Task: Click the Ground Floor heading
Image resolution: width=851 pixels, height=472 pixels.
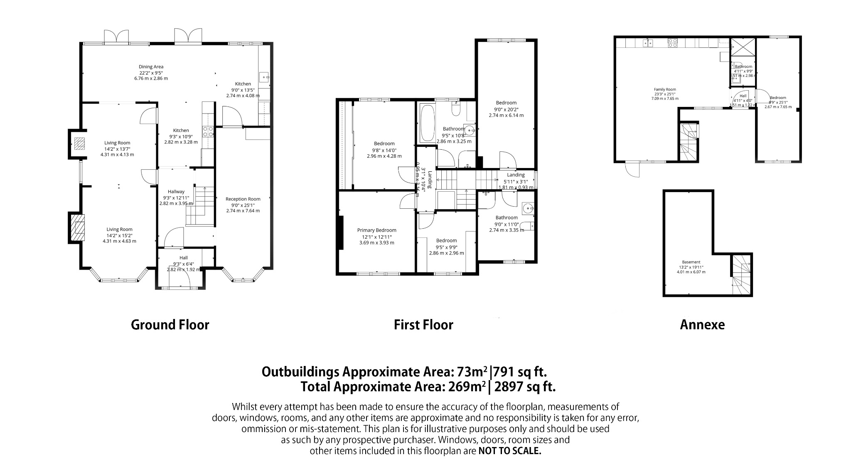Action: click(170, 325)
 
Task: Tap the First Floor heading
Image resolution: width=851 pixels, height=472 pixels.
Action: click(423, 325)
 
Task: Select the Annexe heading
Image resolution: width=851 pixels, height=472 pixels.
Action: click(702, 325)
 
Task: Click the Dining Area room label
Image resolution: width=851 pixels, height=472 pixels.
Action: click(151, 67)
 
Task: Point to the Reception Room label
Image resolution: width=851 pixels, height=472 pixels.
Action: click(243, 199)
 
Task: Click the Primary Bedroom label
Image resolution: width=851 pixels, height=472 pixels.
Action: click(377, 230)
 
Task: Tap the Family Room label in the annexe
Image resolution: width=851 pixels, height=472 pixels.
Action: click(665, 89)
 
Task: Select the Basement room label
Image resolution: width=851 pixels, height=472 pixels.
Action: click(691, 262)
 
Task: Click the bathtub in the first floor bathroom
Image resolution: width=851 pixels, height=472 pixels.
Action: click(427, 123)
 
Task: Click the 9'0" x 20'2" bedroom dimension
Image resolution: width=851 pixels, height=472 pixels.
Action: click(506, 109)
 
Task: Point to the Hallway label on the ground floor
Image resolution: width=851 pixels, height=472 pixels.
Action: click(176, 192)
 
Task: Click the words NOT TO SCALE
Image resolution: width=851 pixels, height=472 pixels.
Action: click(510, 451)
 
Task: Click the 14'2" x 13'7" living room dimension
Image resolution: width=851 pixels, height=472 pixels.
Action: click(117, 148)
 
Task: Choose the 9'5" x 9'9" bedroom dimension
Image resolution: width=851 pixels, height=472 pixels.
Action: click(447, 247)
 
